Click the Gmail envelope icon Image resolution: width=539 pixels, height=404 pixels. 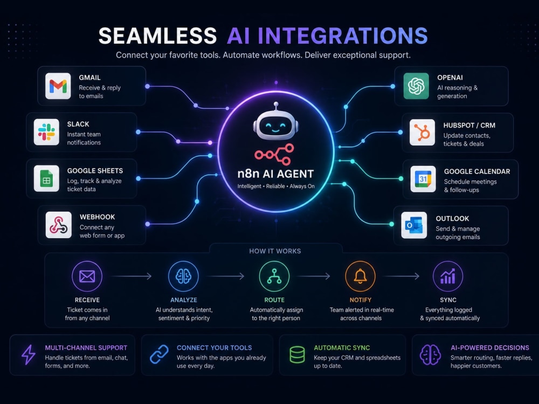(58, 86)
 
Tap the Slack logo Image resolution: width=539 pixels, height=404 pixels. (46, 133)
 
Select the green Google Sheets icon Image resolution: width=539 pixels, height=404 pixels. (46, 179)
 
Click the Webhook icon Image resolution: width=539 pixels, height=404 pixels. (58, 225)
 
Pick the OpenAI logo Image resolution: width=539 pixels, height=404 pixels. (416, 86)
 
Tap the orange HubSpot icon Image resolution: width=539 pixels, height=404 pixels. (422, 133)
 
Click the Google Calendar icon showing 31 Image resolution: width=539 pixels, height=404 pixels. (423, 179)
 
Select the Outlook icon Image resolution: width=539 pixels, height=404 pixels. (414, 225)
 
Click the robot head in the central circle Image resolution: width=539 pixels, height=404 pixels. (275, 122)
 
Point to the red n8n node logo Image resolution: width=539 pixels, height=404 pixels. (274, 154)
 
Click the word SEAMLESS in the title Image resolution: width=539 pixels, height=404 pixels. (157, 36)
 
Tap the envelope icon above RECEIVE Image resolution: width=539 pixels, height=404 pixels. (87, 276)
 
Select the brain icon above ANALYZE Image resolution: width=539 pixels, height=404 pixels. (184, 276)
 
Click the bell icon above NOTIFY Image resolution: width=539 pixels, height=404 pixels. (360, 276)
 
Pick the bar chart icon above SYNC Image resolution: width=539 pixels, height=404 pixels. (448, 276)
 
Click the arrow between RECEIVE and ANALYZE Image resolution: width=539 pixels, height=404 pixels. (132, 276)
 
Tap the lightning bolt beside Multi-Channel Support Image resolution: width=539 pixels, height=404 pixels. (28, 354)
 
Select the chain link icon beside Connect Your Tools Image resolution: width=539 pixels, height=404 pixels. (159, 354)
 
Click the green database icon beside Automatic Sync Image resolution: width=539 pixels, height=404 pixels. (297, 354)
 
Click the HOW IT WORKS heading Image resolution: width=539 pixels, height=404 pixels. (275, 251)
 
